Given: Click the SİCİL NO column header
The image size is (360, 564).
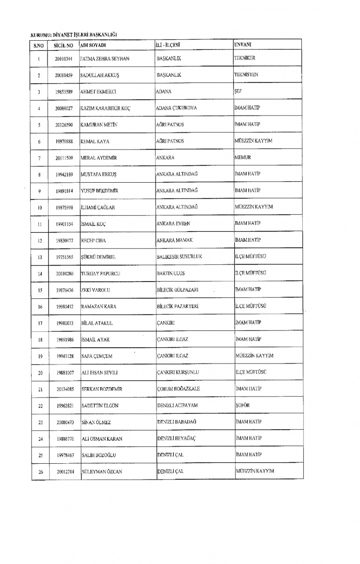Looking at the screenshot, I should [x=63, y=45].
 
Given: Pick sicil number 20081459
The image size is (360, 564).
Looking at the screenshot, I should [x=63, y=76].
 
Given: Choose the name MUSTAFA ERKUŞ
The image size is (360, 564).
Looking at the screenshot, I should [x=99, y=175].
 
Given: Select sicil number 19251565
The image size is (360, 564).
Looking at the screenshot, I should [x=63, y=257].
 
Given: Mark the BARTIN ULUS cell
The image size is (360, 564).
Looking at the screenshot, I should [x=171, y=273].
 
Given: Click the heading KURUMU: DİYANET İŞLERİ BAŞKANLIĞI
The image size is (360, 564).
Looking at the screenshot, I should [x=74, y=35].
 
